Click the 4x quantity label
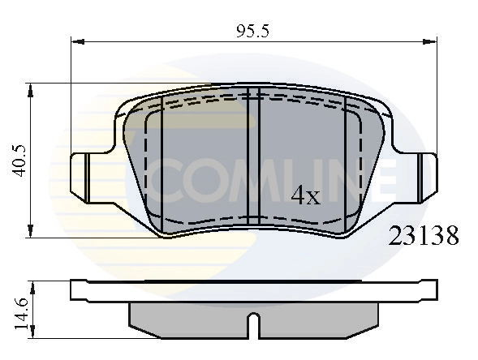point(306,195)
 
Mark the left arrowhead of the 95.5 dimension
point(76,41)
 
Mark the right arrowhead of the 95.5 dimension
point(432,41)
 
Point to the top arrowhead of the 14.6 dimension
point(31,284)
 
